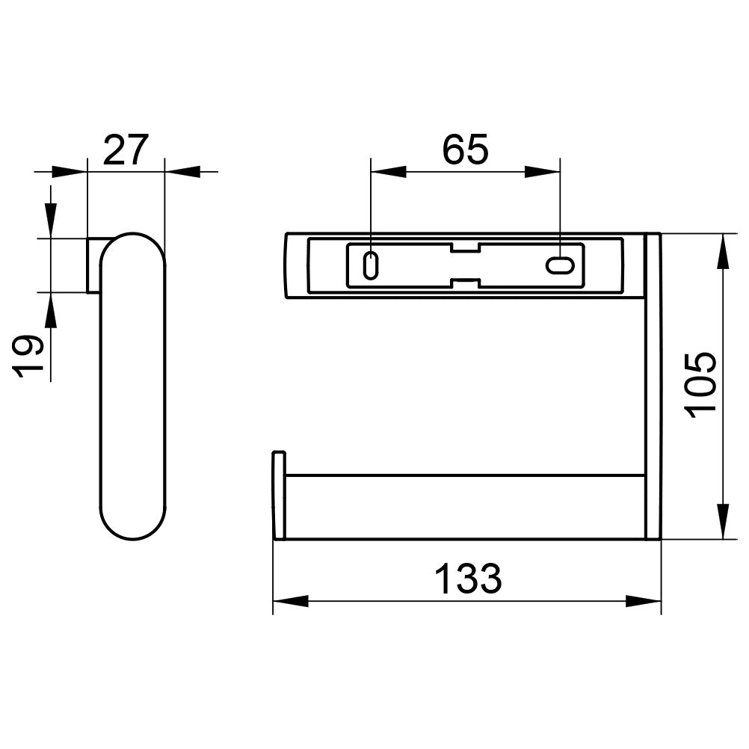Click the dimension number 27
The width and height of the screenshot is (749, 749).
coord(126,150)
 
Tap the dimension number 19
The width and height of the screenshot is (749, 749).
coord(28,357)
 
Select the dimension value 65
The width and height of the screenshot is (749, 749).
coord(466,150)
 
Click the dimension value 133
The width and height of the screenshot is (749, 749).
coord(468,579)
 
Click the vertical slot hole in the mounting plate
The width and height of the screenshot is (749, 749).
coord(371,265)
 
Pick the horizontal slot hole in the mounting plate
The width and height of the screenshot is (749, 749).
coord(560,266)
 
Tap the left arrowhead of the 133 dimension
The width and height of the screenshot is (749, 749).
coord(291,601)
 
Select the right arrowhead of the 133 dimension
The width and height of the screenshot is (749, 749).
coord(644,601)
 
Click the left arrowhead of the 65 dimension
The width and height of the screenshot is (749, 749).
coord(389,171)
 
